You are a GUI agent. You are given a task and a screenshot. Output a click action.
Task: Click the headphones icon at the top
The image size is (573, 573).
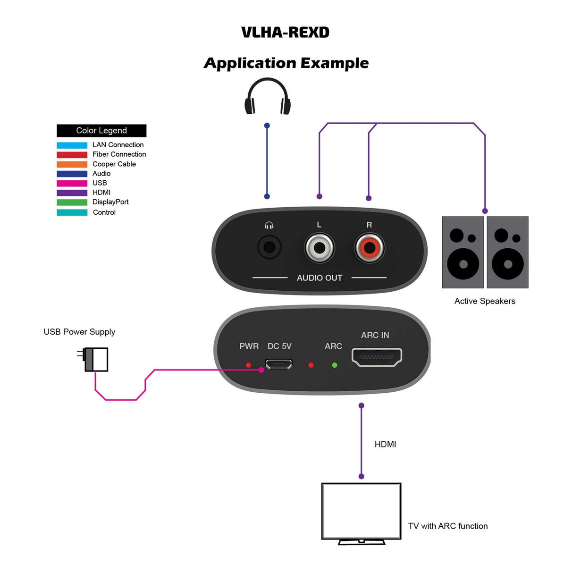[x=268, y=97]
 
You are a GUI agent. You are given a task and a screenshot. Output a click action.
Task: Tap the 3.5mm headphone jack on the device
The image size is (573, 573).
[x=269, y=247]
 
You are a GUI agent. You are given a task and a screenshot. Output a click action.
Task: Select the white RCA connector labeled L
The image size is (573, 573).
[x=320, y=247]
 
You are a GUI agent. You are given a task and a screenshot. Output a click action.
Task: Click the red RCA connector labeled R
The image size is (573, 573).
[x=370, y=247]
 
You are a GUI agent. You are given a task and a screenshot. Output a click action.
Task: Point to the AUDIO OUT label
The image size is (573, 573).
[x=320, y=278]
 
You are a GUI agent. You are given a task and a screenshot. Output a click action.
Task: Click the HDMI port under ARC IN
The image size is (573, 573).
[x=377, y=357]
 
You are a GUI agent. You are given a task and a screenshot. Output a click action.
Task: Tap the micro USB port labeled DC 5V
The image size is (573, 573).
[x=278, y=364]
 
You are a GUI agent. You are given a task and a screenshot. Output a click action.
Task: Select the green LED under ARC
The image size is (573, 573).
[x=335, y=365]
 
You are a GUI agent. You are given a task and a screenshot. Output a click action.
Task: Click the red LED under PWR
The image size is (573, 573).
[x=248, y=365]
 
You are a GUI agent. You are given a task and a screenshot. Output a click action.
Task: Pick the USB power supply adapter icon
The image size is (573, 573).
[x=95, y=359]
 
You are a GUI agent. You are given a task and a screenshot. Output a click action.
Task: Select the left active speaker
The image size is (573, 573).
[x=463, y=252]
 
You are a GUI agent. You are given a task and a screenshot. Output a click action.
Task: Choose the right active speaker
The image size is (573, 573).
[x=507, y=252]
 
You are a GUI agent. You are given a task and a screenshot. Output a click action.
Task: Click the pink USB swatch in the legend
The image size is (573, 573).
[x=72, y=183]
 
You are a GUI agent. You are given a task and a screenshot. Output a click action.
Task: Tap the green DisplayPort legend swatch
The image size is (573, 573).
[x=72, y=202]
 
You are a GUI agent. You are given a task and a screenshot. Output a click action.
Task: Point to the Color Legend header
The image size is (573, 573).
[x=101, y=131]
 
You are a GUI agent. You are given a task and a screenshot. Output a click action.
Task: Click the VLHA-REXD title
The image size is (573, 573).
[x=285, y=32]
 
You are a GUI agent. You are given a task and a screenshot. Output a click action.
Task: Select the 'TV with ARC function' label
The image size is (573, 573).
[x=447, y=526]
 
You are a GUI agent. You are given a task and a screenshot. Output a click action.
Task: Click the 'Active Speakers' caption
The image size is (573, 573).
[x=485, y=301]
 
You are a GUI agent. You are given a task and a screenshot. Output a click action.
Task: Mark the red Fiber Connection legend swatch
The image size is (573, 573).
[x=72, y=155]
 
